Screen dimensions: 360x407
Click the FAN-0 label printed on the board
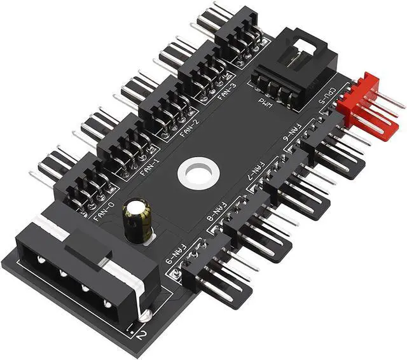click(x=106, y=208)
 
